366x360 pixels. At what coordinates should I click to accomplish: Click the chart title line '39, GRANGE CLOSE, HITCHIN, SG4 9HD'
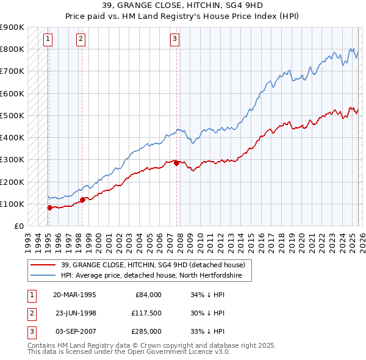(x=182, y=5)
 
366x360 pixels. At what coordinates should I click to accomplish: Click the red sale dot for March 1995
(x=50, y=207)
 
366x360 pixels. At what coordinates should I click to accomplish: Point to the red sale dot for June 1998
(x=82, y=200)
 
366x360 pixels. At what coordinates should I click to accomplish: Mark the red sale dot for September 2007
(x=176, y=163)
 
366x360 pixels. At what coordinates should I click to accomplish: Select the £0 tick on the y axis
(x=18, y=226)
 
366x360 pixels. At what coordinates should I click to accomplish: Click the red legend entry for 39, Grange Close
(x=152, y=265)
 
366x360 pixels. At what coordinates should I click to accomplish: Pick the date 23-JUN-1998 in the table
(x=75, y=313)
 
